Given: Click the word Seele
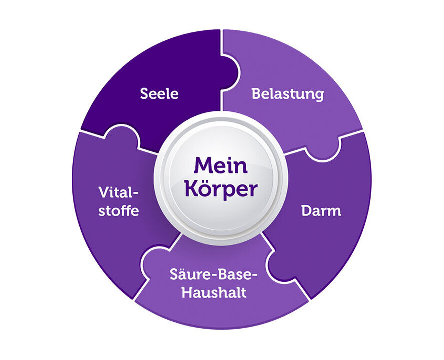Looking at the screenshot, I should pyautogui.click(x=159, y=93).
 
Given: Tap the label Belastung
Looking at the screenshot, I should pyautogui.click(x=287, y=93).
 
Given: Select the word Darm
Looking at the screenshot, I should pyautogui.click(x=321, y=210).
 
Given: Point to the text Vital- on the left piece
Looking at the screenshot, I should pyautogui.click(x=118, y=192).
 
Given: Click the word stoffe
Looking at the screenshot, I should pyautogui.click(x=118, y=210).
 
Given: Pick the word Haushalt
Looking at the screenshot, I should pyautogui.click(x=214, y=292).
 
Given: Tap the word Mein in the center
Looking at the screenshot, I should pyautogui.click(x=220, y=166).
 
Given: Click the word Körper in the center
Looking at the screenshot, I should pyautogui.click(x=221, y=189).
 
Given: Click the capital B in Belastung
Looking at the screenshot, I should pyautogui.click(x=256, y=93).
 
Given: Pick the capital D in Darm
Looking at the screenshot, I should pyautogui.click(x=306, y=210).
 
